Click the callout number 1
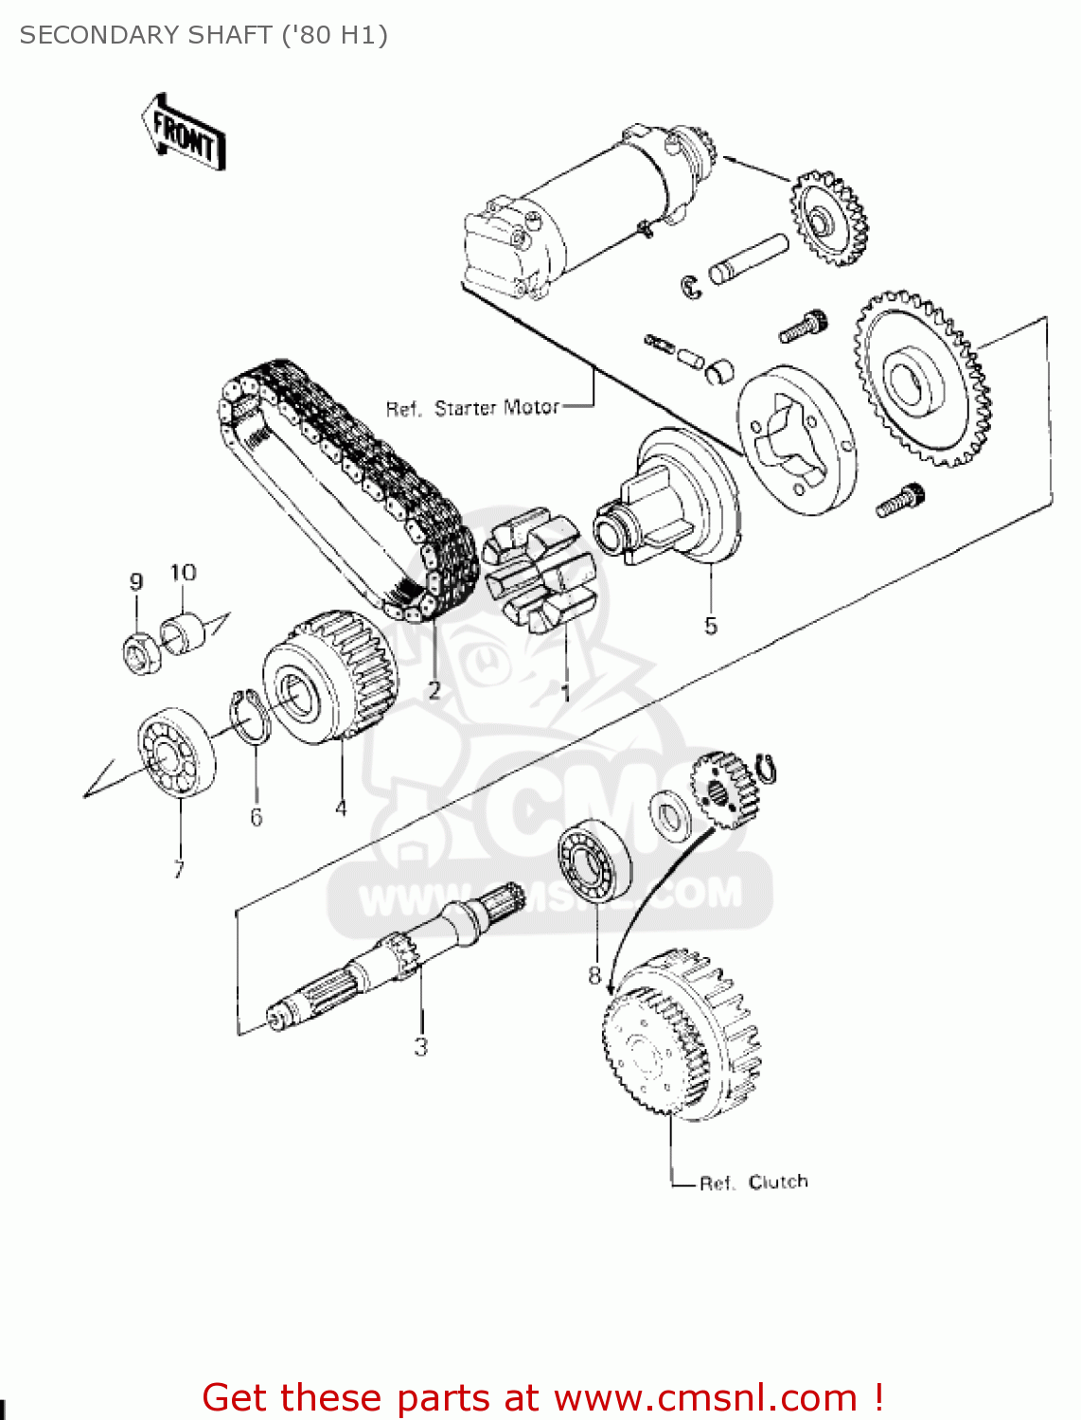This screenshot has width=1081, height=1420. point(565,694)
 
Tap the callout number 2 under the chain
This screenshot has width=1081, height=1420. point(434,690)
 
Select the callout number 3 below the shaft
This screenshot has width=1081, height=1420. point(420,1046)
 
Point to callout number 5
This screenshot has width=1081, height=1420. point(711,625)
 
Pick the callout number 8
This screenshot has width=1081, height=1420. point(594,974)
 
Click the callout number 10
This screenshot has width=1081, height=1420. point(183,573)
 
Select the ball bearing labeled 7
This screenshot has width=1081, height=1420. point(177,752)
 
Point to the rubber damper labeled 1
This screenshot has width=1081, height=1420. point(538,573)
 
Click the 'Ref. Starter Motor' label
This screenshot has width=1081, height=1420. point(471,408)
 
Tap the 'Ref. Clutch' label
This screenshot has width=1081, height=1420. point(753,1182)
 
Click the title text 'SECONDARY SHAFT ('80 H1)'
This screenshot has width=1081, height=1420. point(204,35)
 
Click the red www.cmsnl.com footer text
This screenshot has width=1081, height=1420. point(543,1397)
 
